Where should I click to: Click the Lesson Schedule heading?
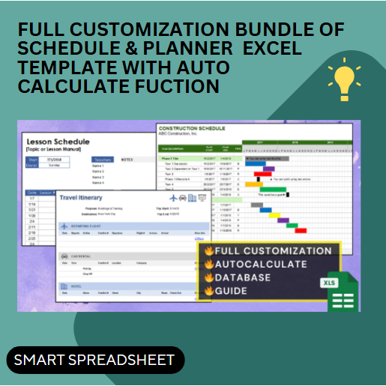pyautogui.click(x=58, y=142)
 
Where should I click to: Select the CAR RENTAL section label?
pyautogui.click(x=82, y=255)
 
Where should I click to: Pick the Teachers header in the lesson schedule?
pyautogui.click(x=102, y=159)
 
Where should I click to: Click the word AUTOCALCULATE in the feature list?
pyautogui.click(x=261, y=264)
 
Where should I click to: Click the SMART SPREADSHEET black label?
pyautogui.click(x=94, y=360)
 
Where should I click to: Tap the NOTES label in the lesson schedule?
pyautogui.click(x=127, y=159)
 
